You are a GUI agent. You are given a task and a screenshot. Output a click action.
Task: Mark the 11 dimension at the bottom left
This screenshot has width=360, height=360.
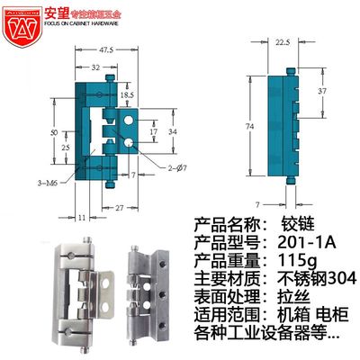click(80, 218)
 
